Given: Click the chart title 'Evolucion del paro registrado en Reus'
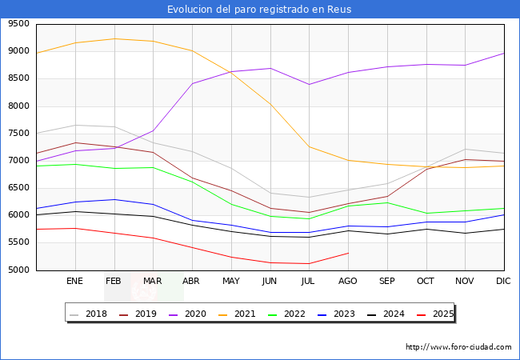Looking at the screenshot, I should [x=259, y=10].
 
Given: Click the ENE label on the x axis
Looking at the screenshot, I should [x=75, y=281].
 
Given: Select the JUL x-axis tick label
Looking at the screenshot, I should [x=309, y=281].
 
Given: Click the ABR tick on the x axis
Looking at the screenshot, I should [x=192, y=281].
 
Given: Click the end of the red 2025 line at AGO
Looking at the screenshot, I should [x=348, y=253].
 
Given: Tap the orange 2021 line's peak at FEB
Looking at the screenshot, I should [x=114, y=38].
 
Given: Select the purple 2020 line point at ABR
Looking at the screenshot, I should [x=192, y=83].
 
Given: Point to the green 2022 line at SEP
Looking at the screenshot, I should [x=387, y=202].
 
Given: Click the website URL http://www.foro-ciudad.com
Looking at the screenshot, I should [x=458, y=347].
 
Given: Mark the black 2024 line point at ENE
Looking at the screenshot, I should [x=75, y=211].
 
